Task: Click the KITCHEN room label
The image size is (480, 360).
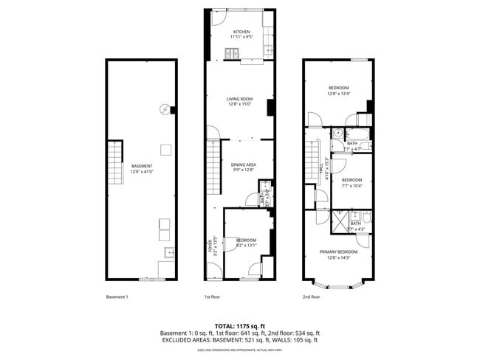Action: [241, 32]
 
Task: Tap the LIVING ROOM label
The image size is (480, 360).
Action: [239, 99]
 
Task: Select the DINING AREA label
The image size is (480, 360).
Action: [242, 165]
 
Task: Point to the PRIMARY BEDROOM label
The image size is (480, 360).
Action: [338, 252]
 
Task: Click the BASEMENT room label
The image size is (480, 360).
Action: [141, 166]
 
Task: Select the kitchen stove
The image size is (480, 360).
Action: [232, 53]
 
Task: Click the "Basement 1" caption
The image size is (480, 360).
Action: [117, 297]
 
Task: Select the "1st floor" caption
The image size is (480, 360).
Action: [213, 297]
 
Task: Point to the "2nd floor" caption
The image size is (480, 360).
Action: [311, 297]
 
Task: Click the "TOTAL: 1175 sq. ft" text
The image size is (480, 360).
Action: [239, 325]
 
